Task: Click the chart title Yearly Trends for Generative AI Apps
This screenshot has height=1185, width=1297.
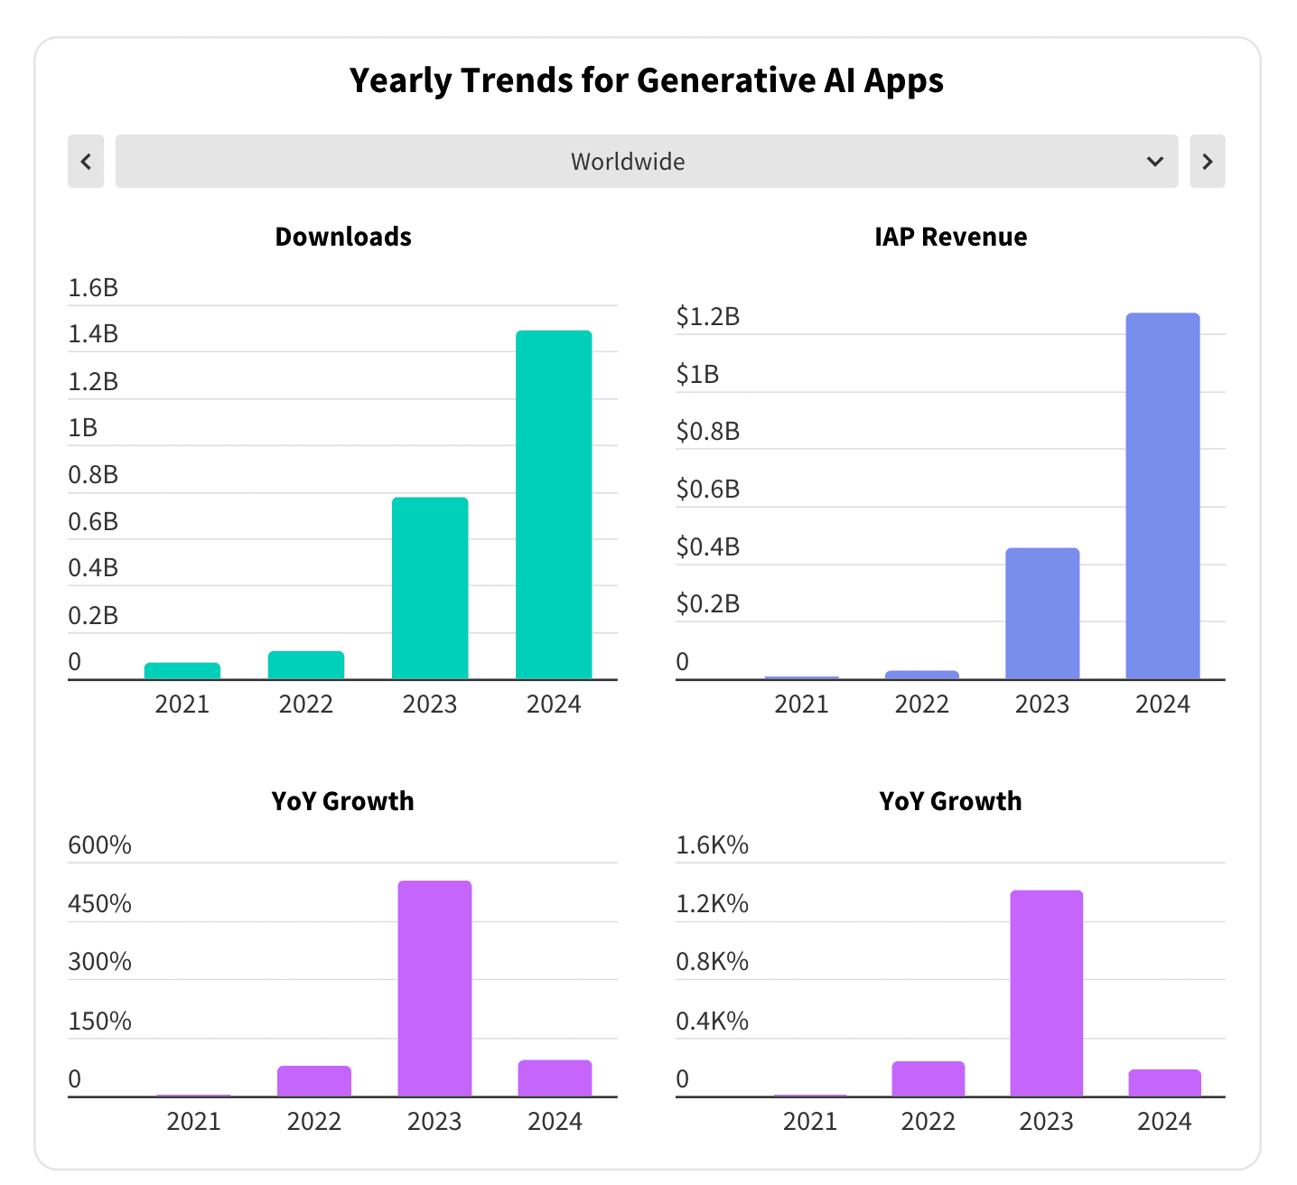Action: (x=647, y=80)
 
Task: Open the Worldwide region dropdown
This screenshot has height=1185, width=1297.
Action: (x=647, y=162)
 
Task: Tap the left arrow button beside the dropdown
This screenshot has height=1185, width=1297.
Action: (x=86, y=162)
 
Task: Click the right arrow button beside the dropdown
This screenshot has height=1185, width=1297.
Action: (x=1207, y=162)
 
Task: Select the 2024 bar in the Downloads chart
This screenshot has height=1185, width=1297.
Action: (x=554, y=505)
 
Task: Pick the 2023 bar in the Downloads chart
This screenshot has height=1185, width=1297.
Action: (x=430, y=588)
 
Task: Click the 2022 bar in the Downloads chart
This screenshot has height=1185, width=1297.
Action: (x=306, y=665)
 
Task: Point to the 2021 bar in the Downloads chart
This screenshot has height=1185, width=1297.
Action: (x=182, y=671)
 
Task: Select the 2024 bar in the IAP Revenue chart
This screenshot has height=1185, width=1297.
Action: (x=1162, y=496)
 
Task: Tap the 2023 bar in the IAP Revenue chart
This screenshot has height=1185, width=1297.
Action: (x=1042, y=613)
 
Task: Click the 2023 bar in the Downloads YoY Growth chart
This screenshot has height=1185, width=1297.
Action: (x=434, y=988)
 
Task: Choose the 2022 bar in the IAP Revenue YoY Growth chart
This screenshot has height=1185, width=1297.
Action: (x=928, y=1078)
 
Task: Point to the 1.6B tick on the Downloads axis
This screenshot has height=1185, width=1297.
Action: (x=93, y=287)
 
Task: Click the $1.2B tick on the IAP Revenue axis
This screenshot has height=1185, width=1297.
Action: (x=708, y=316)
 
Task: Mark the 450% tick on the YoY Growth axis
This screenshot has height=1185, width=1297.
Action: (x=99, y=903)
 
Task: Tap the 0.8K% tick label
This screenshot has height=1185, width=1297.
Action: (x=712, y=961)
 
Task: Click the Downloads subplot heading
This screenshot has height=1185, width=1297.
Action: (x=343, y=237)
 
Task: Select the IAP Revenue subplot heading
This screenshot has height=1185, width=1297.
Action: (x=950, y=237)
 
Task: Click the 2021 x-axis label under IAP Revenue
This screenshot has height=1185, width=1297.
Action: (x=801, y=704)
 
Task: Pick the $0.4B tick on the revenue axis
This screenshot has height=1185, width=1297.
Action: (x=708, y=546)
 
